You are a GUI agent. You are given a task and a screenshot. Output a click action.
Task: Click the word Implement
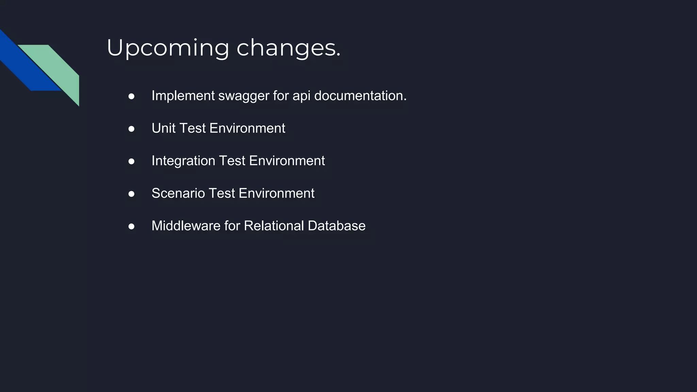(183, 96)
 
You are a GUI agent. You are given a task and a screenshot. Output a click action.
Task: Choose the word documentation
(360, 96)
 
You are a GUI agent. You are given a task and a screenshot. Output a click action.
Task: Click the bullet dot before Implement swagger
(131, 97)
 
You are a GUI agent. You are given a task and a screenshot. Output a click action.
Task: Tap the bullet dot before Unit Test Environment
(131, 129)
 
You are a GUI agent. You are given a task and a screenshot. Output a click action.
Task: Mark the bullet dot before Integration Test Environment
(131, 162)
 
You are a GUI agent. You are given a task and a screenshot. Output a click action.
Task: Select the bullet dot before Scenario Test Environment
(131, 194)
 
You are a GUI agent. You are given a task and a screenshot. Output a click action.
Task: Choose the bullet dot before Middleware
(131, 227)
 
